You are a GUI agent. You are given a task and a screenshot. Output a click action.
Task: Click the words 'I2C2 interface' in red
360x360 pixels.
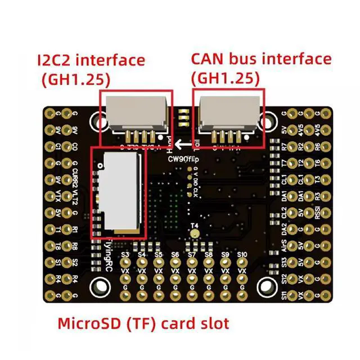tap(91, 60)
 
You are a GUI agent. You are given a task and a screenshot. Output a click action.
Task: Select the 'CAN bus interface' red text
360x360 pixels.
tap(261, 58)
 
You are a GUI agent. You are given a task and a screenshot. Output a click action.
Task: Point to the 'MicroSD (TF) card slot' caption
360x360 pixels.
tap(144, 323)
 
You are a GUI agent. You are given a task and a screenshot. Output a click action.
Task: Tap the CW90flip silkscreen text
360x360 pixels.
tap(183, 158)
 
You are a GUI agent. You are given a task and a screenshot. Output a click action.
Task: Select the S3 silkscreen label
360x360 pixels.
tap(125, 255)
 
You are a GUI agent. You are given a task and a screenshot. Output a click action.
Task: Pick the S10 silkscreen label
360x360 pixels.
tap(242, 255)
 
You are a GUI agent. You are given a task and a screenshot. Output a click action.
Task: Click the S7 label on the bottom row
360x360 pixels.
tap(192, 255)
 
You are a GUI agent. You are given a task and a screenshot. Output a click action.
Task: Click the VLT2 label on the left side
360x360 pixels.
tap(75, 197)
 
